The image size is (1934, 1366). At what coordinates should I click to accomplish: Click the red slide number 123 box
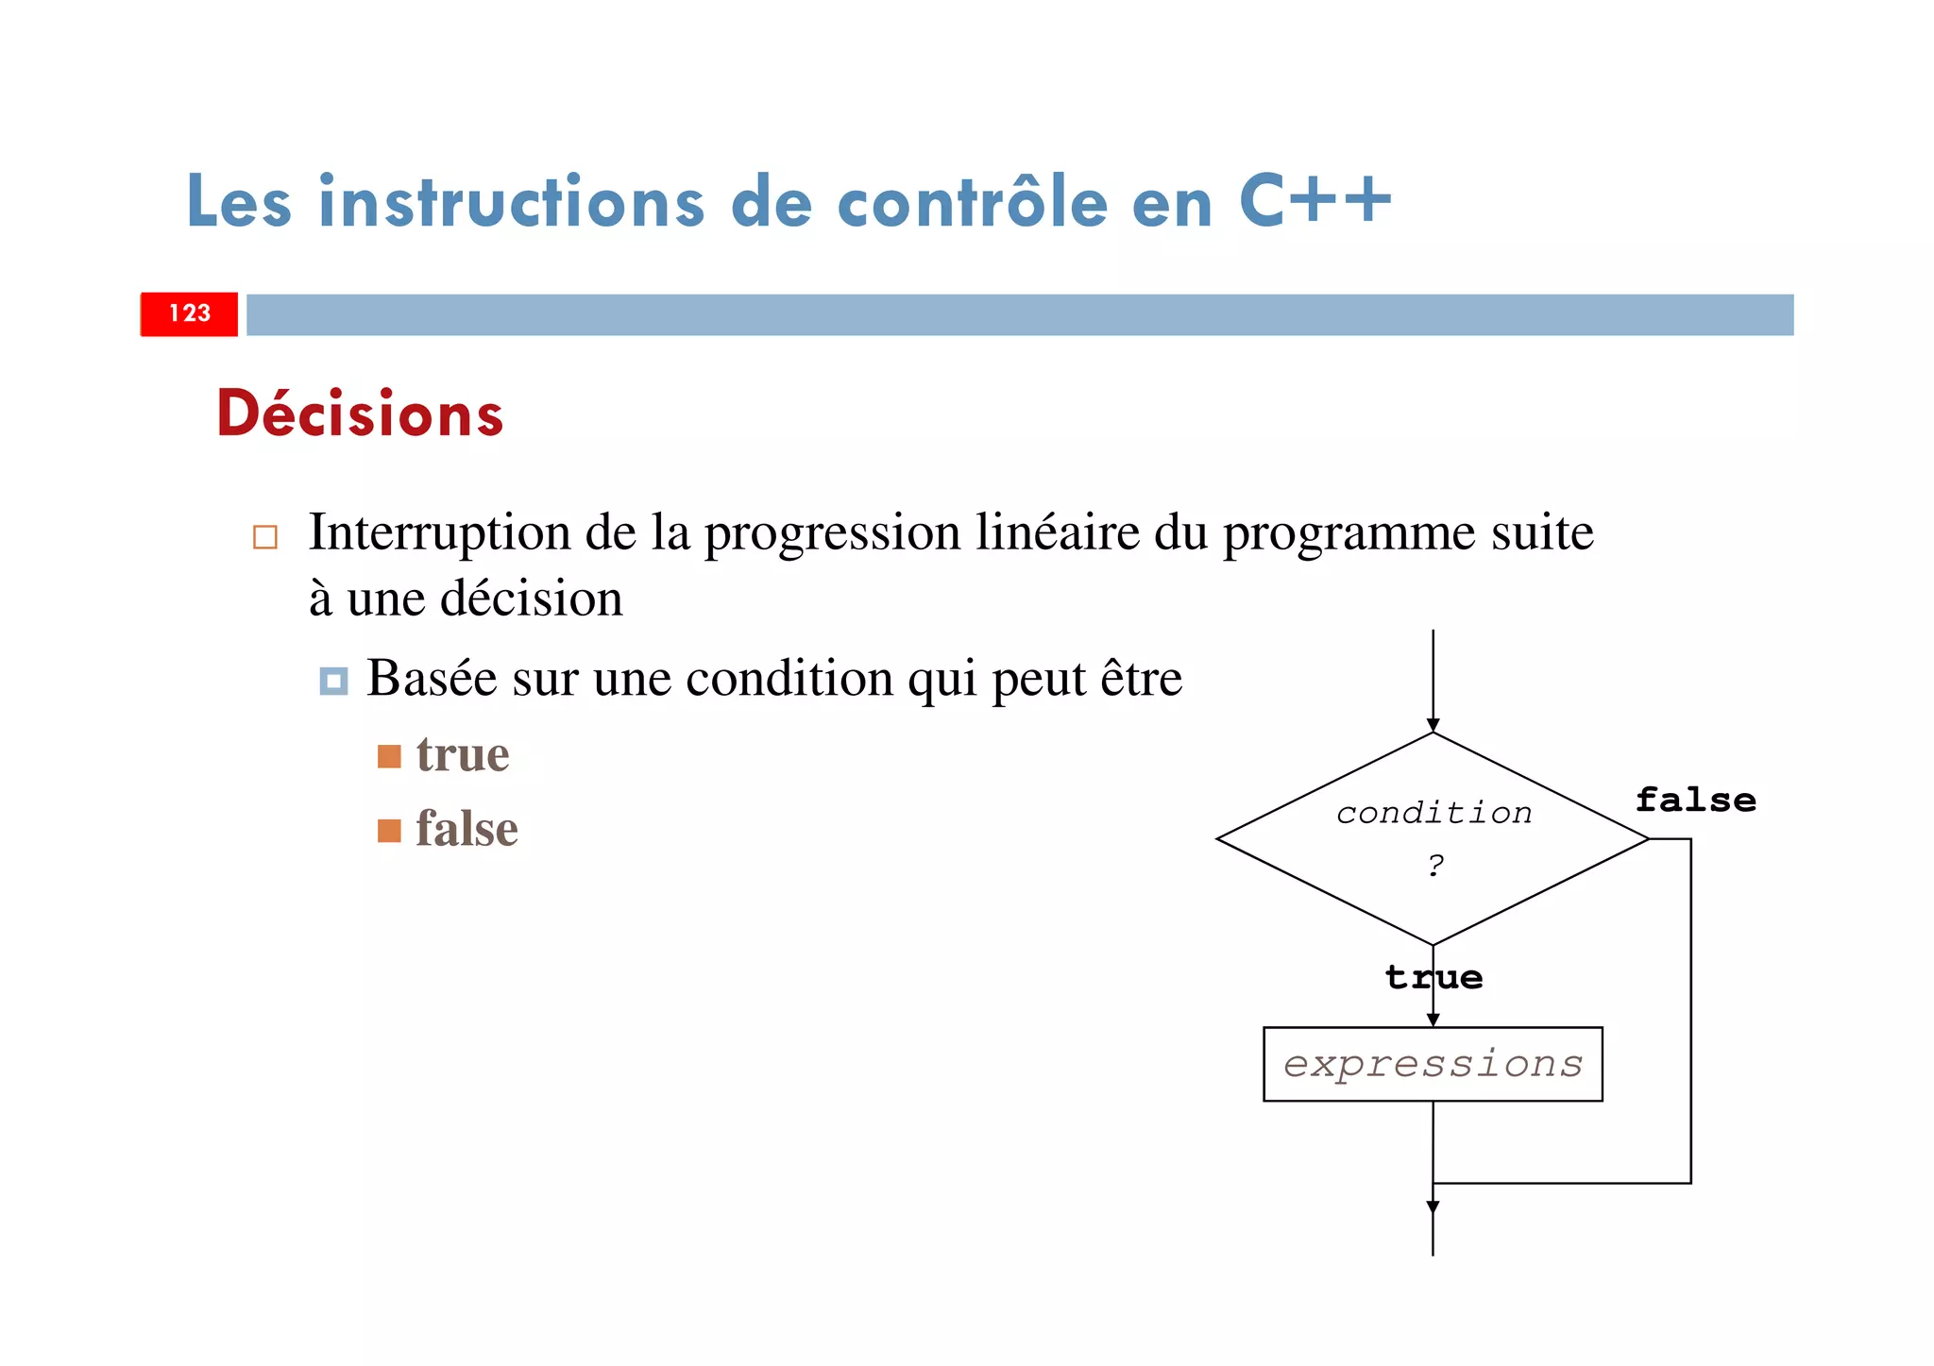(x=189, y=314)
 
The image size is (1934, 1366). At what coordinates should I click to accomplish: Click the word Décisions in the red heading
(x=360, y=414)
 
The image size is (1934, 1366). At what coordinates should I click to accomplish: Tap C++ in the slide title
(x=1315, y=201)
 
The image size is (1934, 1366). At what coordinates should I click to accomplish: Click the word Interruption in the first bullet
(x=439, y=532)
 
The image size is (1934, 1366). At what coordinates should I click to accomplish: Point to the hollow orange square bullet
(x=265, y=537)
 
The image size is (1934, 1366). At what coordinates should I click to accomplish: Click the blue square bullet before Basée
(x=333, y=681)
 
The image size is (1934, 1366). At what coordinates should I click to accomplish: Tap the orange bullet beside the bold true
(x=389, y=756)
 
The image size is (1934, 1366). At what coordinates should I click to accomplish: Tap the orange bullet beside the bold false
(x=389, y=831)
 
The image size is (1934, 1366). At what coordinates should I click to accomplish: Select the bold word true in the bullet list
(x=463, y=755)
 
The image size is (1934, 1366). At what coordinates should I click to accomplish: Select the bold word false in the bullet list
(x=467, y=830)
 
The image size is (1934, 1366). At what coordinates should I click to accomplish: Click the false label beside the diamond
(x=1695, y=801)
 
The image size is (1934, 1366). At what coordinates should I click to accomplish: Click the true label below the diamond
(x=1434, y=977)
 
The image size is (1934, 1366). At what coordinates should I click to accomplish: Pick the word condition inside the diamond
(x=1434, y=813)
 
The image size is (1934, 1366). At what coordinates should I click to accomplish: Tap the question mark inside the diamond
(x=1435, y=864)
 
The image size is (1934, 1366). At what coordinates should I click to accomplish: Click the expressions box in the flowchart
(x=1433, y=1064)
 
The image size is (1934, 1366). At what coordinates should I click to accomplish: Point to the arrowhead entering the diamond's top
(x=1433, y=725)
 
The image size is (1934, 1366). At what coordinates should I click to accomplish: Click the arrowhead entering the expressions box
(x=1433, y=1020)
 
